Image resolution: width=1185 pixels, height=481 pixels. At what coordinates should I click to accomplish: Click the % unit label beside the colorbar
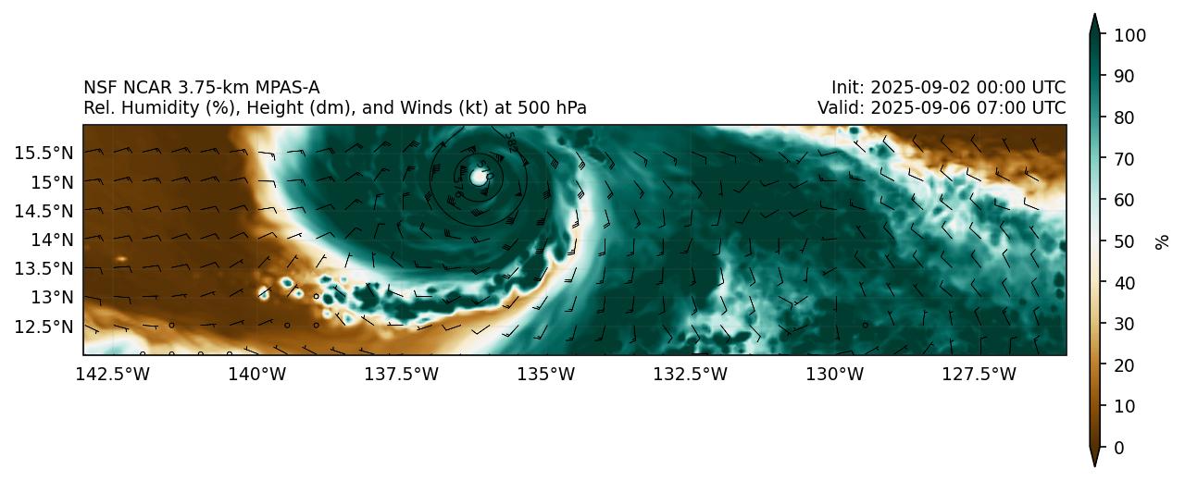click(1162, 241)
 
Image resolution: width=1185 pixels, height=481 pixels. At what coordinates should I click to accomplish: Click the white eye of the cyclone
click(479, 176)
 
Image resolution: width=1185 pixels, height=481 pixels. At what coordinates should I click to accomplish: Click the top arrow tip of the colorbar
click(1094, 16)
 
